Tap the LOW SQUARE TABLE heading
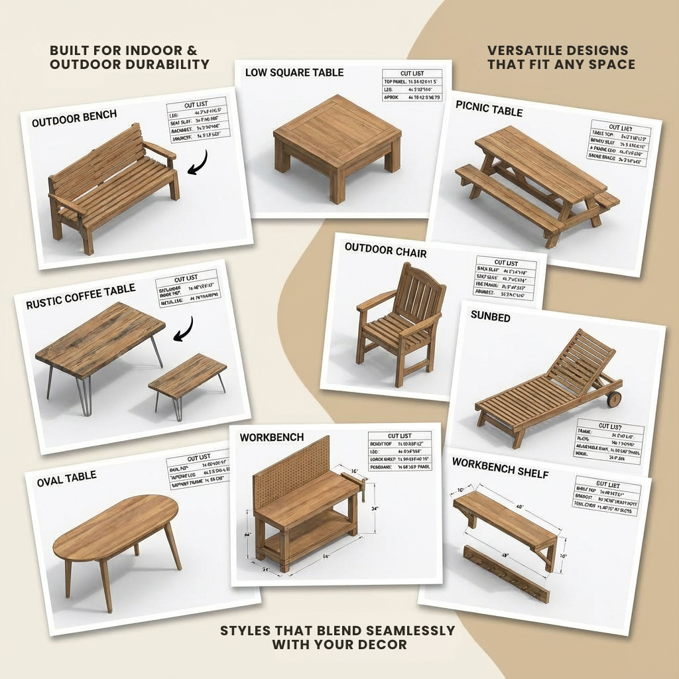294,72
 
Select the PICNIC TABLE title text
489,109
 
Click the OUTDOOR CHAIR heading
385,251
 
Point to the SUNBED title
490,317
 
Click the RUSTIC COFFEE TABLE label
80,296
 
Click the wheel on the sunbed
614,399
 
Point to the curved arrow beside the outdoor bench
198,163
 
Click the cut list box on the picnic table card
619,143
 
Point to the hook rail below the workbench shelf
507,574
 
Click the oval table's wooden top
116,527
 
